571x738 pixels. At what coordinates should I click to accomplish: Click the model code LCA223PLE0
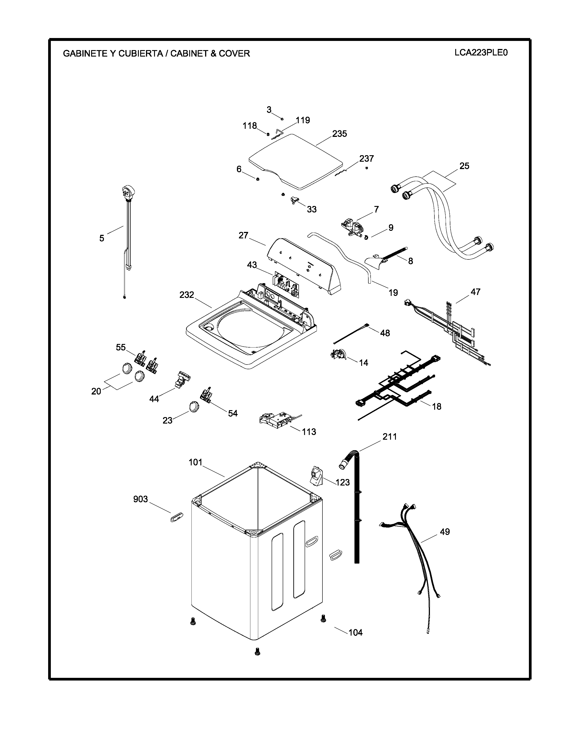point(481,53)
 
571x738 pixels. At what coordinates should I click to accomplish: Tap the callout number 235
point(339,134)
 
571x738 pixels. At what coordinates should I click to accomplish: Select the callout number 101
point(195,462)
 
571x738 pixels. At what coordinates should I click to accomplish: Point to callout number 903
point(140,499)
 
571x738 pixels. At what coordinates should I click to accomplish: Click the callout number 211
point(389,437)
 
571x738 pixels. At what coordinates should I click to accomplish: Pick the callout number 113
point(309,432)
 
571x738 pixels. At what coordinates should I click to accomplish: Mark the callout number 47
point(475,292)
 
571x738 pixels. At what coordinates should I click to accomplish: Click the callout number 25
point(464,166)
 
